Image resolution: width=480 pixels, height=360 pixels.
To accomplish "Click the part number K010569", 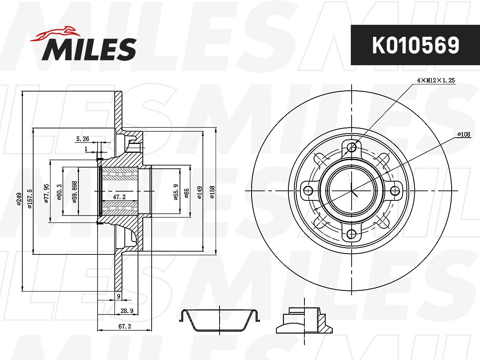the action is click(x=416, y=45).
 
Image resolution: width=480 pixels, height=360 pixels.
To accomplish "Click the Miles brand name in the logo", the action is click(x=89, y=49).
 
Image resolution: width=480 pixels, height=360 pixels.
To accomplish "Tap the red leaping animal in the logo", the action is click(x=55, y=34).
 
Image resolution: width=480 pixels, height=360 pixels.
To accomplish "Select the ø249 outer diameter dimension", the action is click(x=19, y=199).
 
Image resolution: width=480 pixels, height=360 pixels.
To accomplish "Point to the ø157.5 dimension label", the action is click(x=30, y=199).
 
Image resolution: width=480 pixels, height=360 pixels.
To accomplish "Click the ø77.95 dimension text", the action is click(x=46, y=193).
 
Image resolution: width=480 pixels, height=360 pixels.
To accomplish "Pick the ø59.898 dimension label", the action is click(x=75, y=192).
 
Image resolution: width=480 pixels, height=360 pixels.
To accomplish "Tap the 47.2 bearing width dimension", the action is click(x=119, y=197).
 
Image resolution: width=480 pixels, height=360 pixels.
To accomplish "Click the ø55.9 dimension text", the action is click(x=176, y=192).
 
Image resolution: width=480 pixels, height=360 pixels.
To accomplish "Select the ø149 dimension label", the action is click(x=200, y=192).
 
